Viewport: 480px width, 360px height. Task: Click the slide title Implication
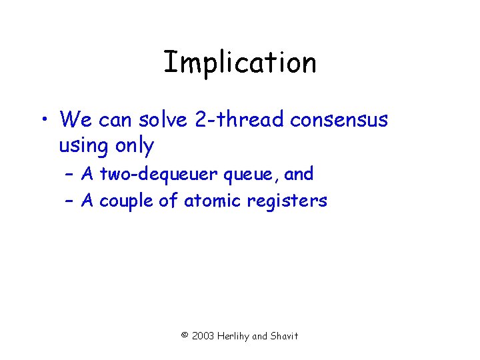pyautogui.click(x=240, y=63)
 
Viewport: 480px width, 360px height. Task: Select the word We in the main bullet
pyautogui.click(x=75, y=120)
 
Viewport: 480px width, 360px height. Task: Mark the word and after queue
pyautogui.click(x=299, y=175)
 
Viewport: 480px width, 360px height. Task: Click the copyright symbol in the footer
pyautogui.click(x=185, y=335)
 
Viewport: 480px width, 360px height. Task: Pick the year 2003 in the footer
pyautogui.click(x=203, y=336)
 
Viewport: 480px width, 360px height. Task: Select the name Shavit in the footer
pyautogui.click(x=285, y=336)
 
